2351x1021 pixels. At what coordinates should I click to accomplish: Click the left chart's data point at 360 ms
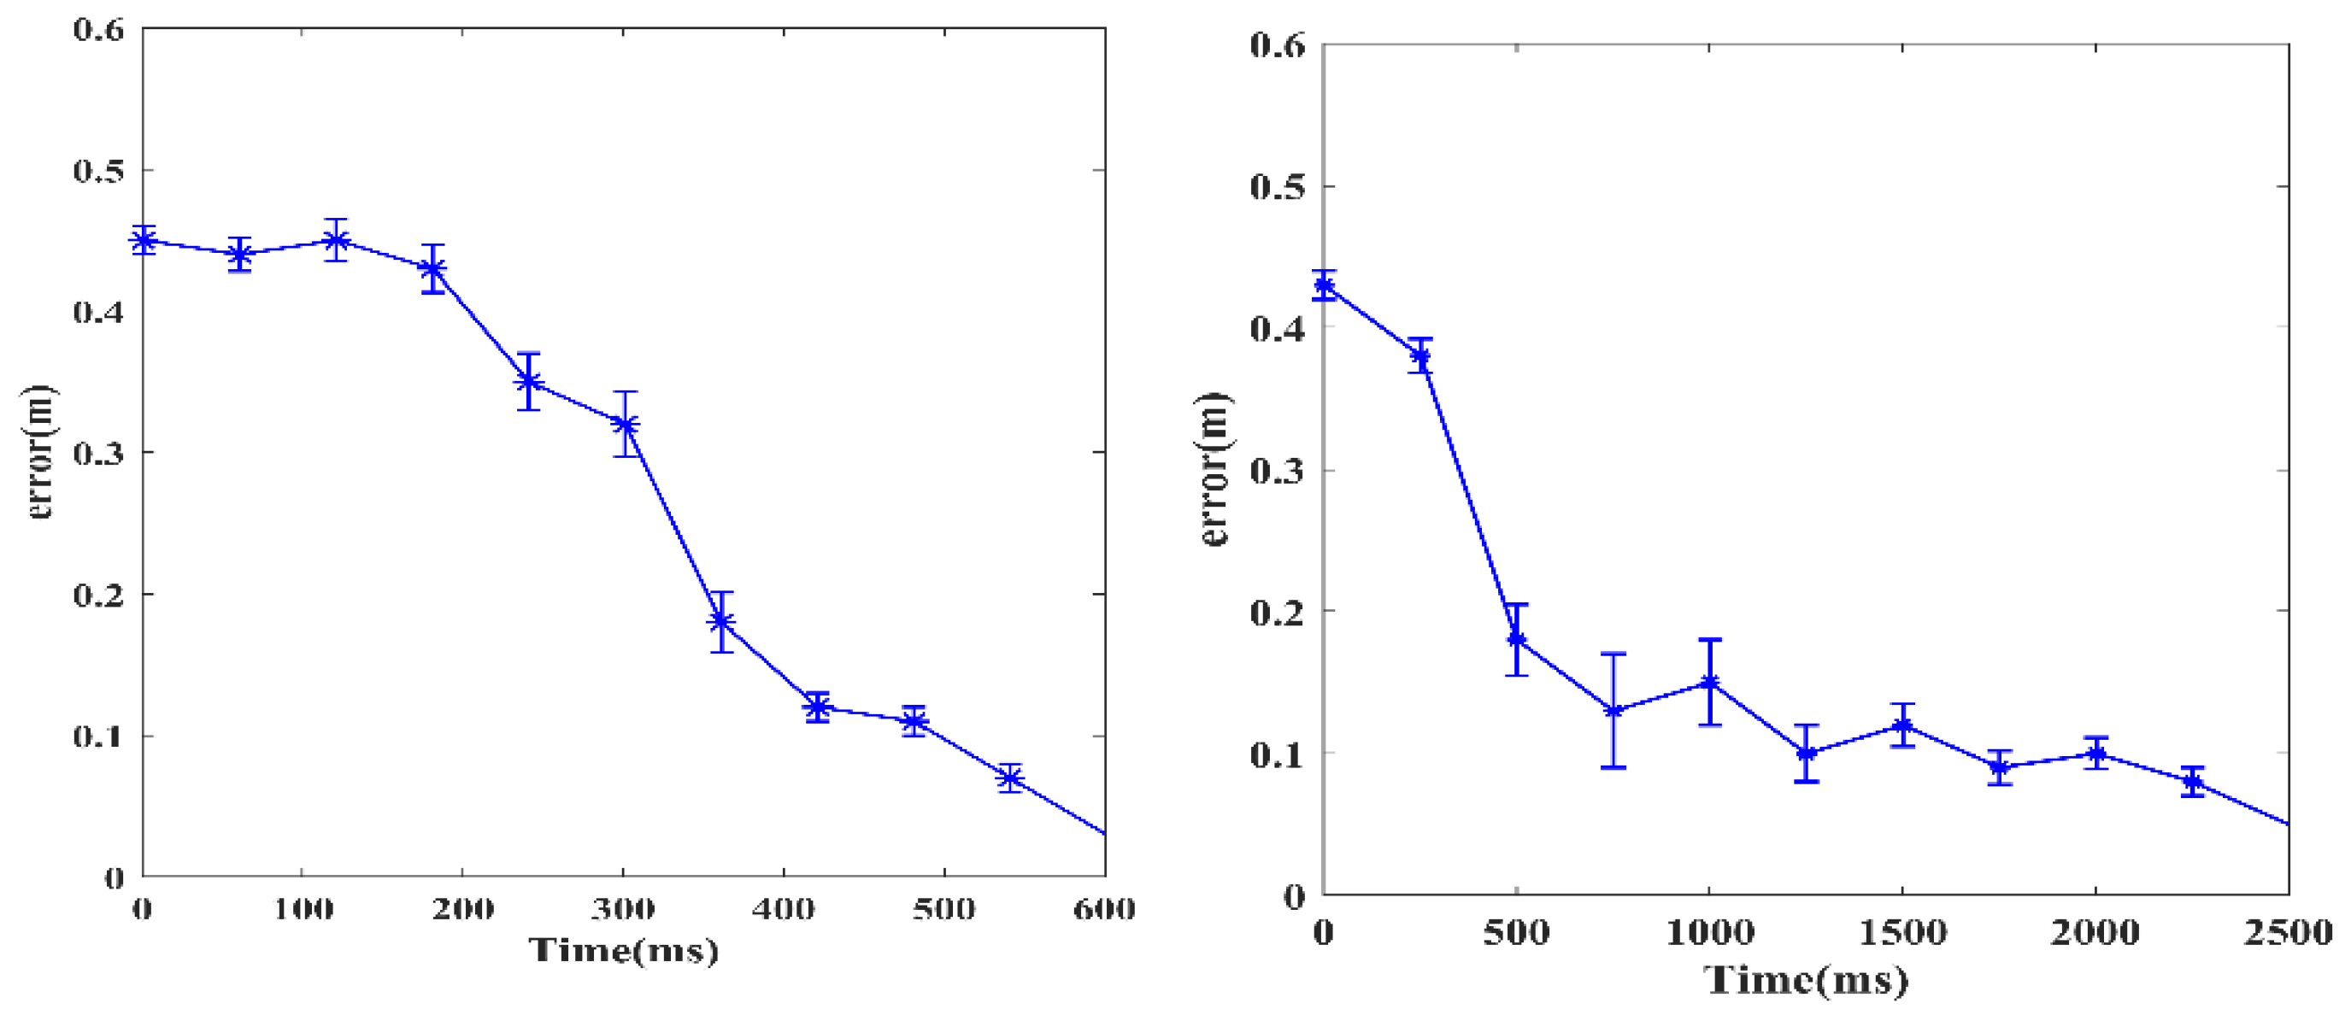click(721, 622)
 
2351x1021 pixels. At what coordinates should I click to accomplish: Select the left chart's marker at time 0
click(144, 241)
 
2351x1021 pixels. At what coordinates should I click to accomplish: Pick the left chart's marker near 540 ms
click(1009, 778)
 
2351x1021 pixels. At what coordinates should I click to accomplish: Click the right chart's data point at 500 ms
click(1517, 639)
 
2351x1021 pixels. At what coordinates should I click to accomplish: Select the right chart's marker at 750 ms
click(1613, 711)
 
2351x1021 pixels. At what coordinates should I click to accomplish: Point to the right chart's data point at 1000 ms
click(1709, 683)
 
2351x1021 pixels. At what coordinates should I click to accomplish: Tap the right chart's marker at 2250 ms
click(2192, 782)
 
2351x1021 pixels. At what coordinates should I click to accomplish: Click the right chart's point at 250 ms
click(1420, 355)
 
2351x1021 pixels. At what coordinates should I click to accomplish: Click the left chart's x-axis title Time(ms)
click(624, 951)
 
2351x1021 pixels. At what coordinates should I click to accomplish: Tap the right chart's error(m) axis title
click(1214, 469)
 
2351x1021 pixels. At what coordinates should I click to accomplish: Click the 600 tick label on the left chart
click(1104, 909)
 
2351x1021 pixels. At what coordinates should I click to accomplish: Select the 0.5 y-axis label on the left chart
click(97, 171)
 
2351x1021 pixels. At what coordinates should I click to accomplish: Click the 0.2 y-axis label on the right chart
click(1277, 612)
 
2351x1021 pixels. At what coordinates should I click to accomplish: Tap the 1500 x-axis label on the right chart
click(1902, 932)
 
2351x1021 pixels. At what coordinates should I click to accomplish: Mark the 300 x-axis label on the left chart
click(622, 909)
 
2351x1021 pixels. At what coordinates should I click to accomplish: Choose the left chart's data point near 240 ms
click(528, 381)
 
